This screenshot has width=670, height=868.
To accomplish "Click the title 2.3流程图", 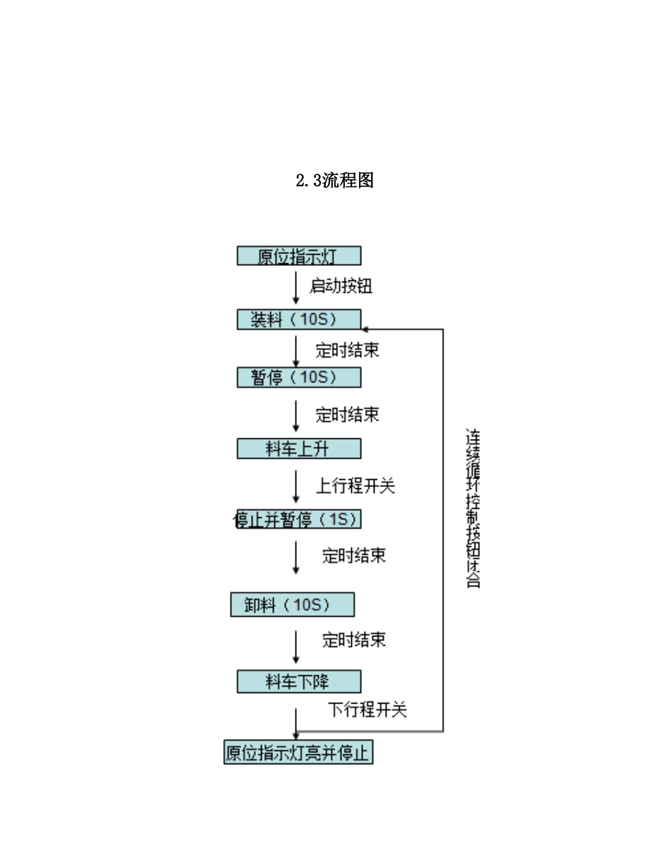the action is click(x=334, y=181).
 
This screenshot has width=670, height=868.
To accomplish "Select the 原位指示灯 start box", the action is click(x=298, y=256).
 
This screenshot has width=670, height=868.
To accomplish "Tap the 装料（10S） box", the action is click(x=298, y=320).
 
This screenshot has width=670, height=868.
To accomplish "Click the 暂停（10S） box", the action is click(x=298, y=378).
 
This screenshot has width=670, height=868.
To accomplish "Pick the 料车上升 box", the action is click(x=298, y=448).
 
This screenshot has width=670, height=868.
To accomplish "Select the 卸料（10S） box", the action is click(x=292, y=605).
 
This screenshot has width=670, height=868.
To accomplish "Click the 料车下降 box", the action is click(x=298, y=682).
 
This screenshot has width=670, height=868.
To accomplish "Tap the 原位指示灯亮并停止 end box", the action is click(x=298, y=753).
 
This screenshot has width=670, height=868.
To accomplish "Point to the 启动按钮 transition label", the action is click(x=341, y=287).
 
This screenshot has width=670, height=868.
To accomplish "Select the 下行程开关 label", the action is click(x=367, y=710).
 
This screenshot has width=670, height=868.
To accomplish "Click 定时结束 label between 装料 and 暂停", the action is click(x=347, y=350).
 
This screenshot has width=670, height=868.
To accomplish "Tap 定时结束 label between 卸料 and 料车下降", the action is click(x=354, y=640).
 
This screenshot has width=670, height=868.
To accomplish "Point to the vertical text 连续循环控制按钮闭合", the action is click(x=473, y=507).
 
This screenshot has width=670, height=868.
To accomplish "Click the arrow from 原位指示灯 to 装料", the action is click(x=296, y=288).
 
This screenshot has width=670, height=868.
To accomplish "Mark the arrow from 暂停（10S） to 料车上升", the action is click(x=296, y=416).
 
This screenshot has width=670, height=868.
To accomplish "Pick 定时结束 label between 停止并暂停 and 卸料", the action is click(x=354, y=555).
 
